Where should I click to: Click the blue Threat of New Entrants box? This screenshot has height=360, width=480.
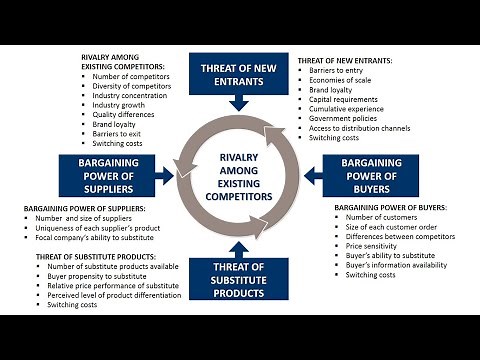tap(238, 73)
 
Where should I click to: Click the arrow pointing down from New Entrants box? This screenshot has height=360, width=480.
tap(238, 101)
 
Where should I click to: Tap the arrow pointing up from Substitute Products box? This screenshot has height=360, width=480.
tap(238, 247)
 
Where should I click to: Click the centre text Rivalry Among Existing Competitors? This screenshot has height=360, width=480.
tap(239, 175)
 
